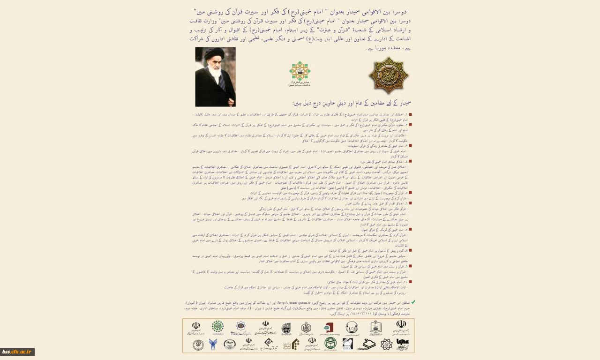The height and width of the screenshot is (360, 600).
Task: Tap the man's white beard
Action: pos(214,73)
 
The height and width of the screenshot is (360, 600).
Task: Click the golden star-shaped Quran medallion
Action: pos(388,75)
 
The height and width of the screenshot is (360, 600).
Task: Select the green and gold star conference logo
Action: pos(300,71)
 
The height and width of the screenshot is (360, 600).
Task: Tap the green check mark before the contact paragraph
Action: pos(413,302)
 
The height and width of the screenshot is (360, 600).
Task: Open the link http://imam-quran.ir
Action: pos(298,303)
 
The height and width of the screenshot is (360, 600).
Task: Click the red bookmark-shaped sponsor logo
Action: pos(328,327)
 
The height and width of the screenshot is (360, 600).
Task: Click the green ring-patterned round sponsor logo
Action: pos(217,327)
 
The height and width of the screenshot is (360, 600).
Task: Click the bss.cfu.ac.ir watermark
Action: pos(17,352)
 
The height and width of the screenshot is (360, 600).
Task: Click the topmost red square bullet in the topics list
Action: pos(410,114)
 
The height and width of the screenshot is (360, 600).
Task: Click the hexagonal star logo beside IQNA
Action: pos(386,345)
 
